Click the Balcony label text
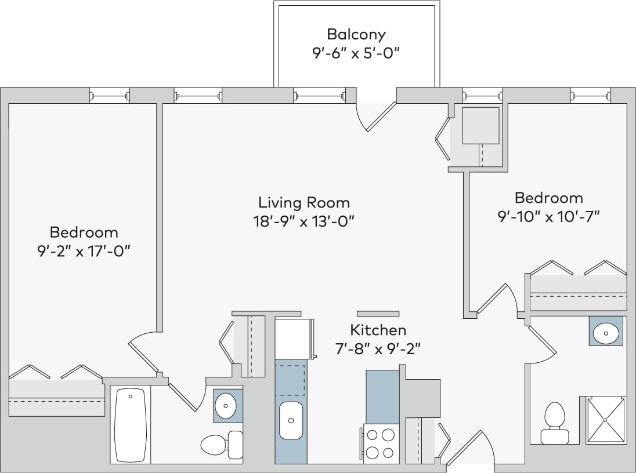pos(356,34)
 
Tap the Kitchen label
pos(378,330)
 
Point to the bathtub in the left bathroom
pos(130,424)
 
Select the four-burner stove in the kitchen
pos(381,443)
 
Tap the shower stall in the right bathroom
pos(606,420)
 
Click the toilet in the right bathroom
pos(554,423)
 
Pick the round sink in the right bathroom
pos(606,332)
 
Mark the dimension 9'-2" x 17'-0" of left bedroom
pos(84,251)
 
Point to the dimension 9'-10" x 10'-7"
pos(548,216)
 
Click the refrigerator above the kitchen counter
pos(294,338)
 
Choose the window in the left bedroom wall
pos(109,95)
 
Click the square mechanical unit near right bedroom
pos(480,125)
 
